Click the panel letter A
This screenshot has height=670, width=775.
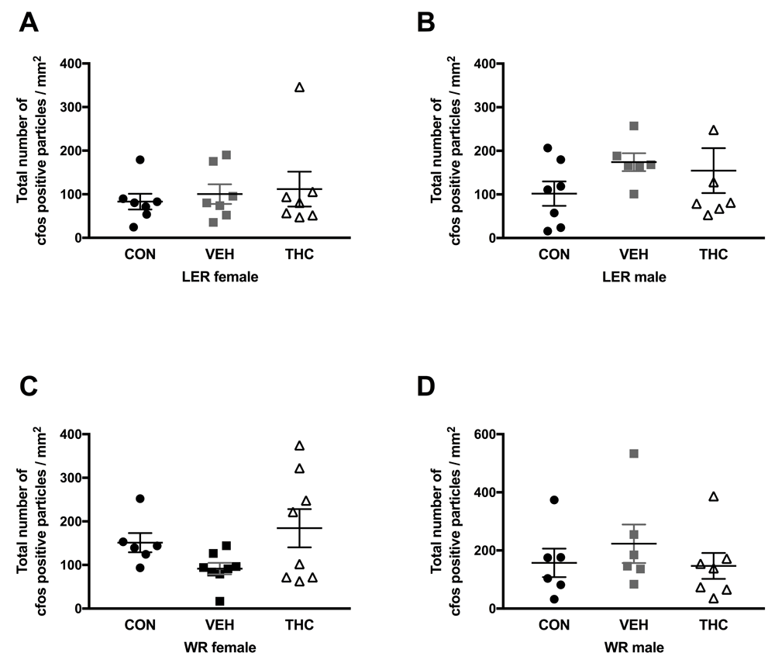pos(29,23)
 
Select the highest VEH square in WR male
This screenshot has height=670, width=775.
pos(633,454)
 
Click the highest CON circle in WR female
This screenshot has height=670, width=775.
pos(139,499)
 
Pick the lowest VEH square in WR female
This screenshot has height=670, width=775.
pos(199,601)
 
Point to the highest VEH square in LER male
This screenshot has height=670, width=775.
pos(633,126)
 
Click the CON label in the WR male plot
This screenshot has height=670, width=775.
pos(553,626)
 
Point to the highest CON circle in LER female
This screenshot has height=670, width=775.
pos(140,160)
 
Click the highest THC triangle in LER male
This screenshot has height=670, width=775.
pos(714,130)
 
